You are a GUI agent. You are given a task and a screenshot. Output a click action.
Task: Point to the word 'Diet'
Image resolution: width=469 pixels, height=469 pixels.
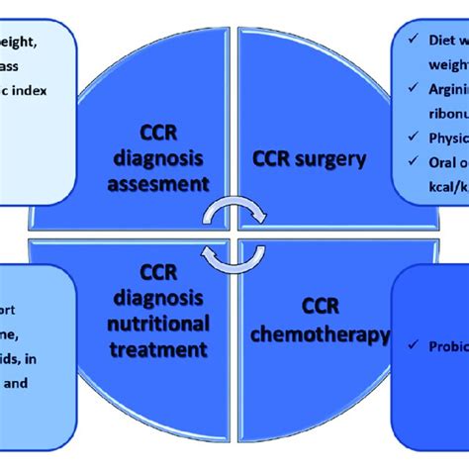[x=430, y=42]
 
